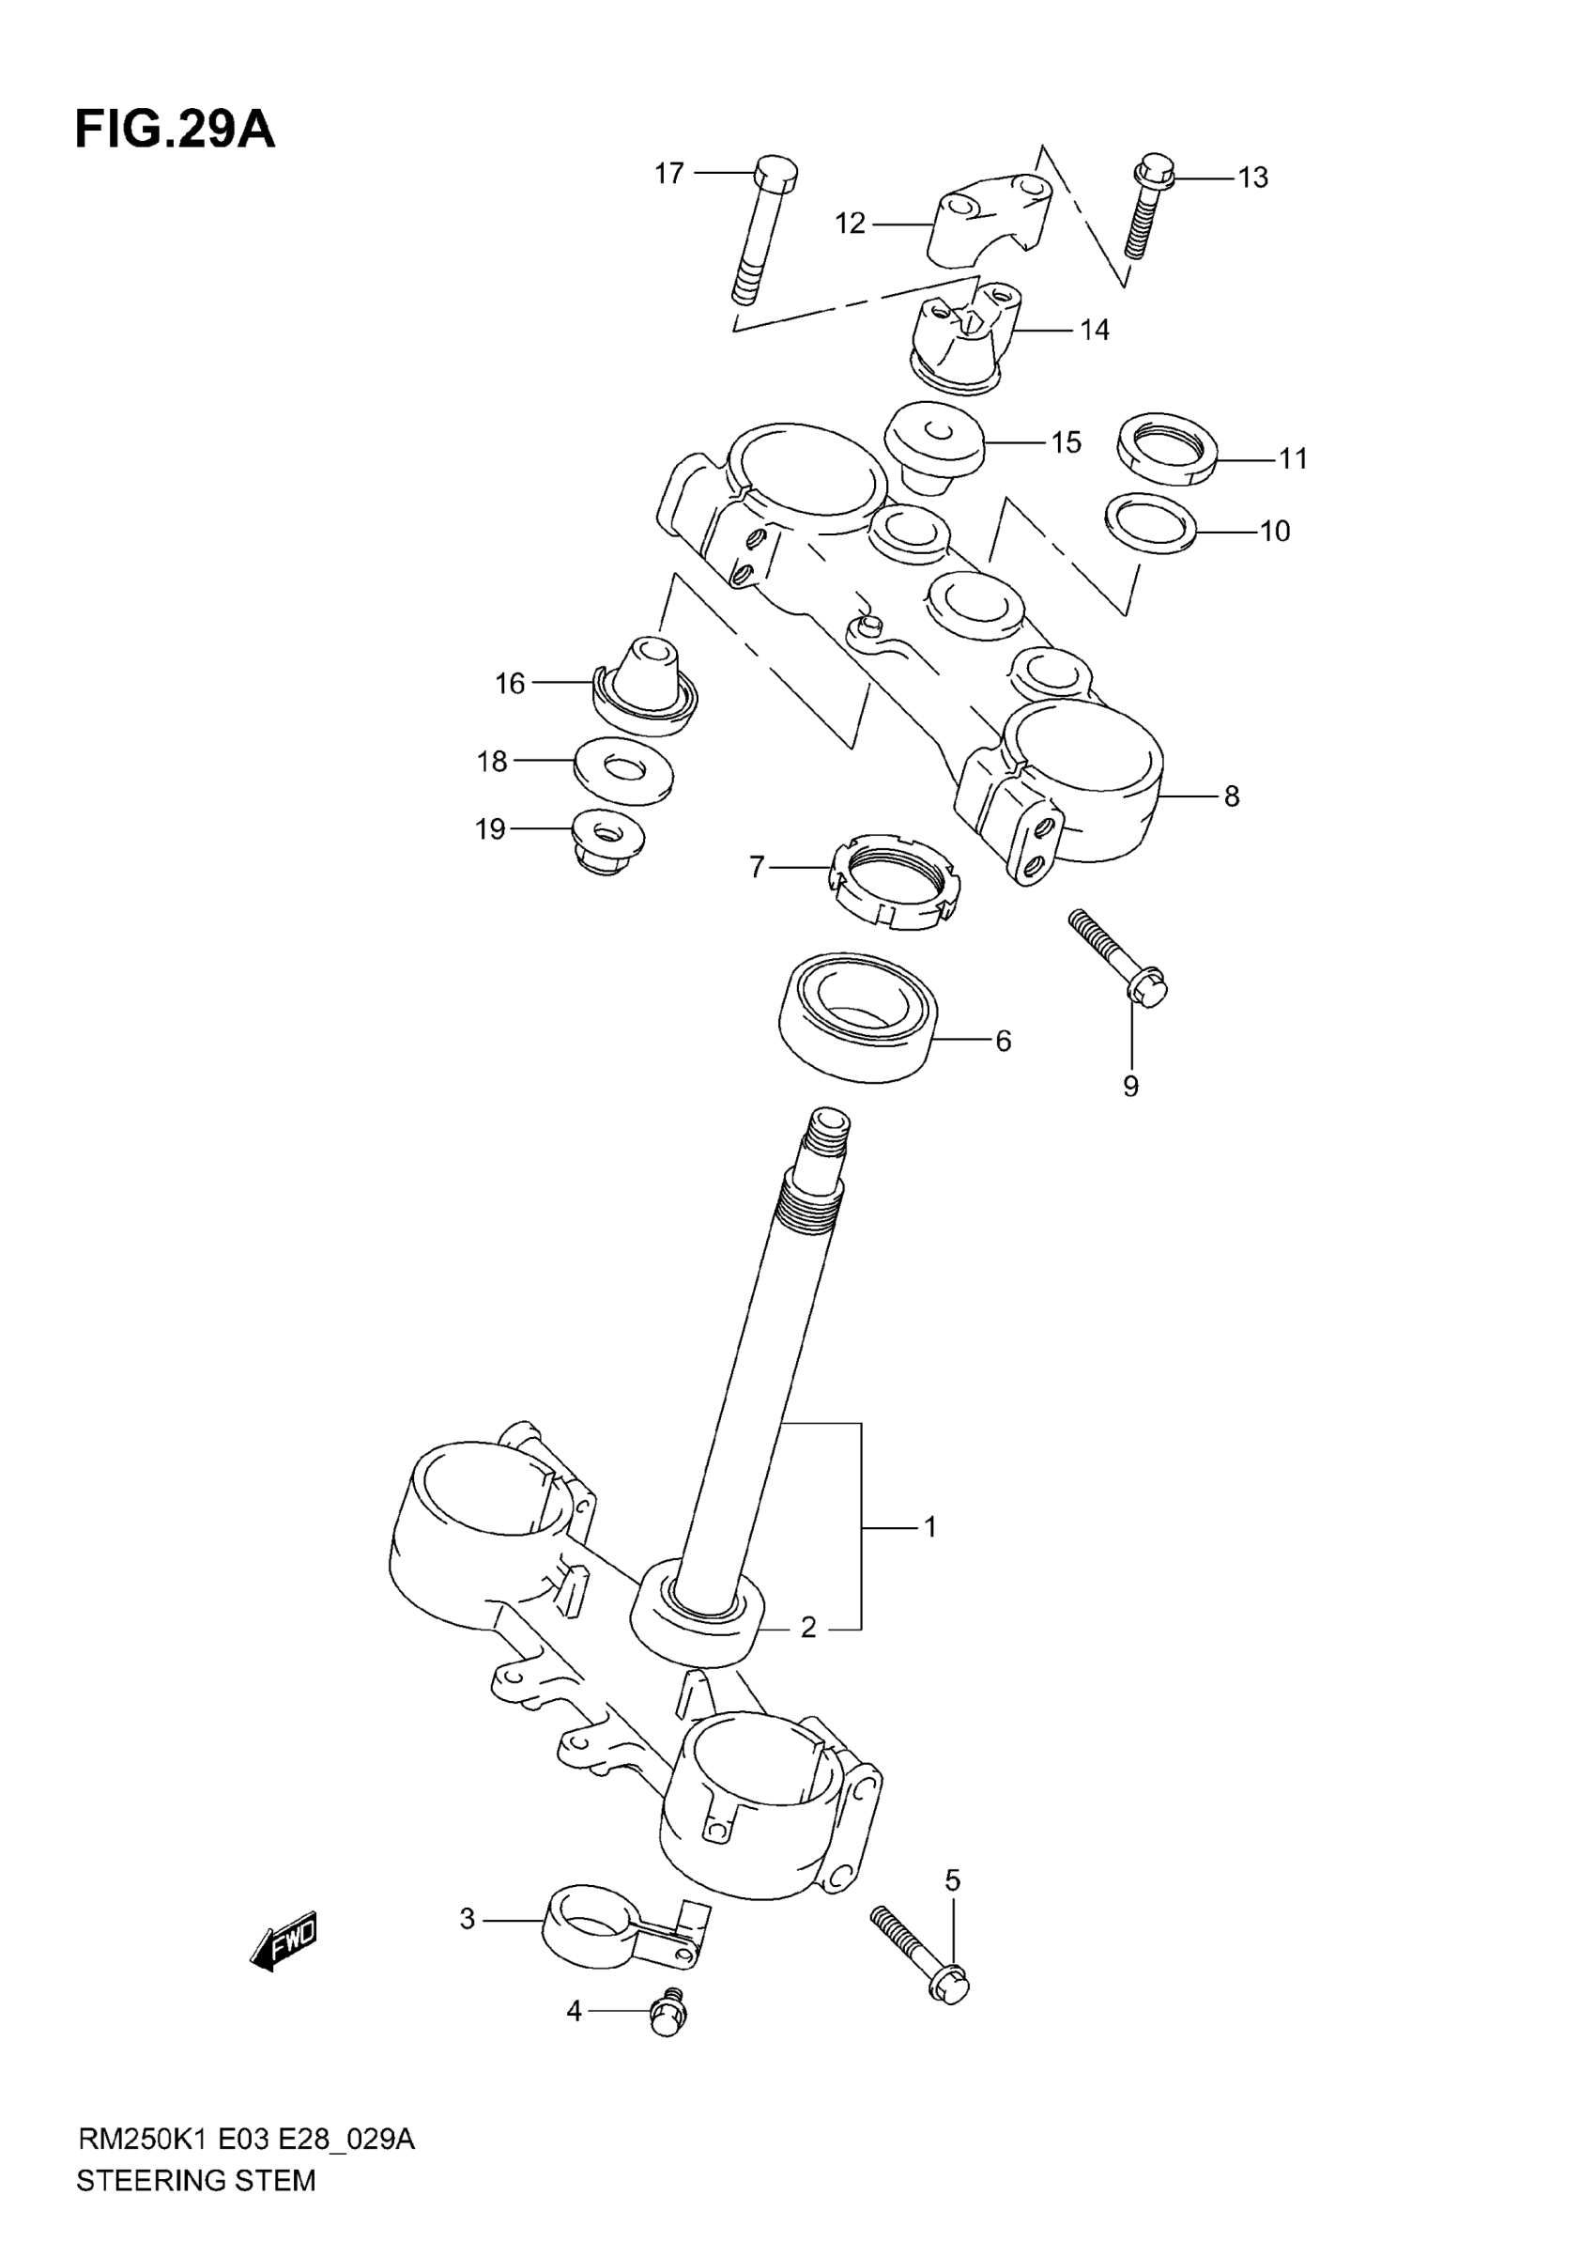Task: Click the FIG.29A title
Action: pyautogui.click(x=175, y=131)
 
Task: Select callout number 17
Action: pyautogui.click(x=668, y=174)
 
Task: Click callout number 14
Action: pyautogui.click(x=1094, y=331)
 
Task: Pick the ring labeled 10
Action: pyautogui.click(x=1151, y=525)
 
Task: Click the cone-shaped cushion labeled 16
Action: pyautogui.click(x=646, y=685)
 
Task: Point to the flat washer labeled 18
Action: pyautogui.click(x=623, y=772)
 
